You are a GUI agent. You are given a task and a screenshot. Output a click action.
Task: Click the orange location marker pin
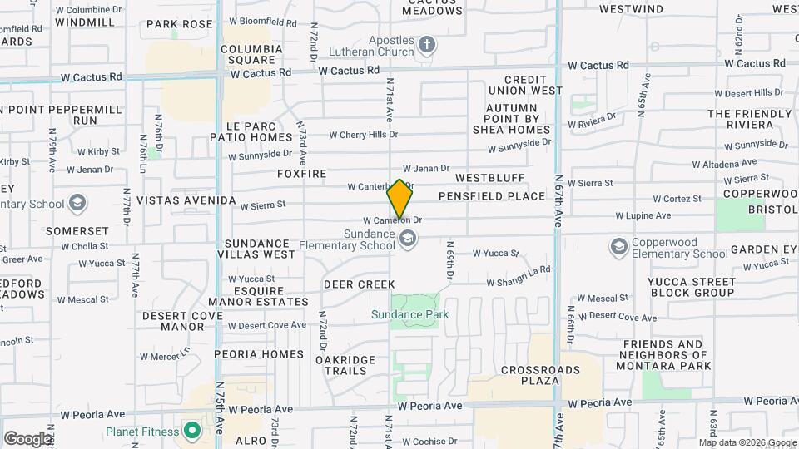pyautogui.click(x=400, y=198)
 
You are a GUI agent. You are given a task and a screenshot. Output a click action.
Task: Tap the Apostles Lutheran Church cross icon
pyautogui.click(x=427, y=44)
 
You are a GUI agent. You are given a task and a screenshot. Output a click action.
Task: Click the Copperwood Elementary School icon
pyautogui.click(x=618, y=246)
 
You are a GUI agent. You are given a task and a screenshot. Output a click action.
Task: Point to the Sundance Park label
pyautogui.click(x=409, y=314)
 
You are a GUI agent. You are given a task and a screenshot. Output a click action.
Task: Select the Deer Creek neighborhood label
pyautogui.click(x=359, y=284)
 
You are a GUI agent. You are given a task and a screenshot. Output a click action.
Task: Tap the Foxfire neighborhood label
pyautogui.click(x=302, y=175)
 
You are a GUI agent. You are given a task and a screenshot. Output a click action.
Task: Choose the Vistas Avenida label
pyautogui.click(x=186, y=200)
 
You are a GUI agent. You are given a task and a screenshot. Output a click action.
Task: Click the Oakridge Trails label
pyautogui.click(x=345, y=365)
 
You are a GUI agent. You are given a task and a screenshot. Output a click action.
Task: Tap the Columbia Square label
pyautogui.click(x=248, y=54)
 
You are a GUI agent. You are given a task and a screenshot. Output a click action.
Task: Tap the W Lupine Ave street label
pyautogui.click(x=643, y=215)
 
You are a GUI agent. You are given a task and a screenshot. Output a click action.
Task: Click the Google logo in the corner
pyautogui.click(x=27, y=439)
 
